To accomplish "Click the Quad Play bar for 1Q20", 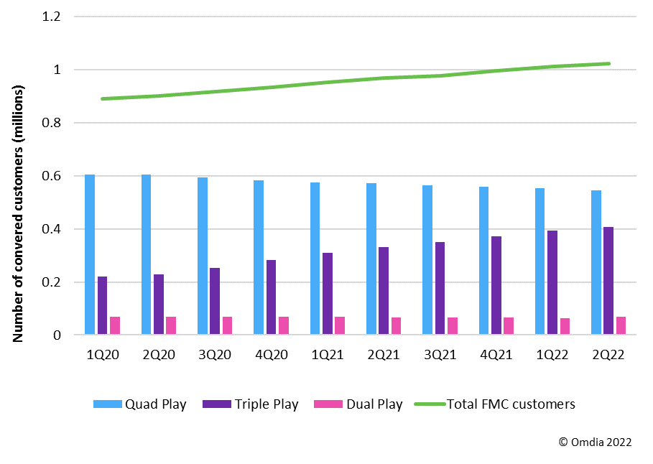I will [x=90, y=255].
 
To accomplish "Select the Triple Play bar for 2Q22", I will [x=608, y=281].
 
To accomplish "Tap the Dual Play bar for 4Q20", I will [x=284, y=325].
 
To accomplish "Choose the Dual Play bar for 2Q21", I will [x=396, y=326].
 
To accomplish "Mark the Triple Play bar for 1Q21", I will [x=328, y=294].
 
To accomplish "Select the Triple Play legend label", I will [x=266, y=404].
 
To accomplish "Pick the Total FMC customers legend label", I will [x=511, y=404].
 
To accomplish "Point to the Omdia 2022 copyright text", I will [x=595, y=442].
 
